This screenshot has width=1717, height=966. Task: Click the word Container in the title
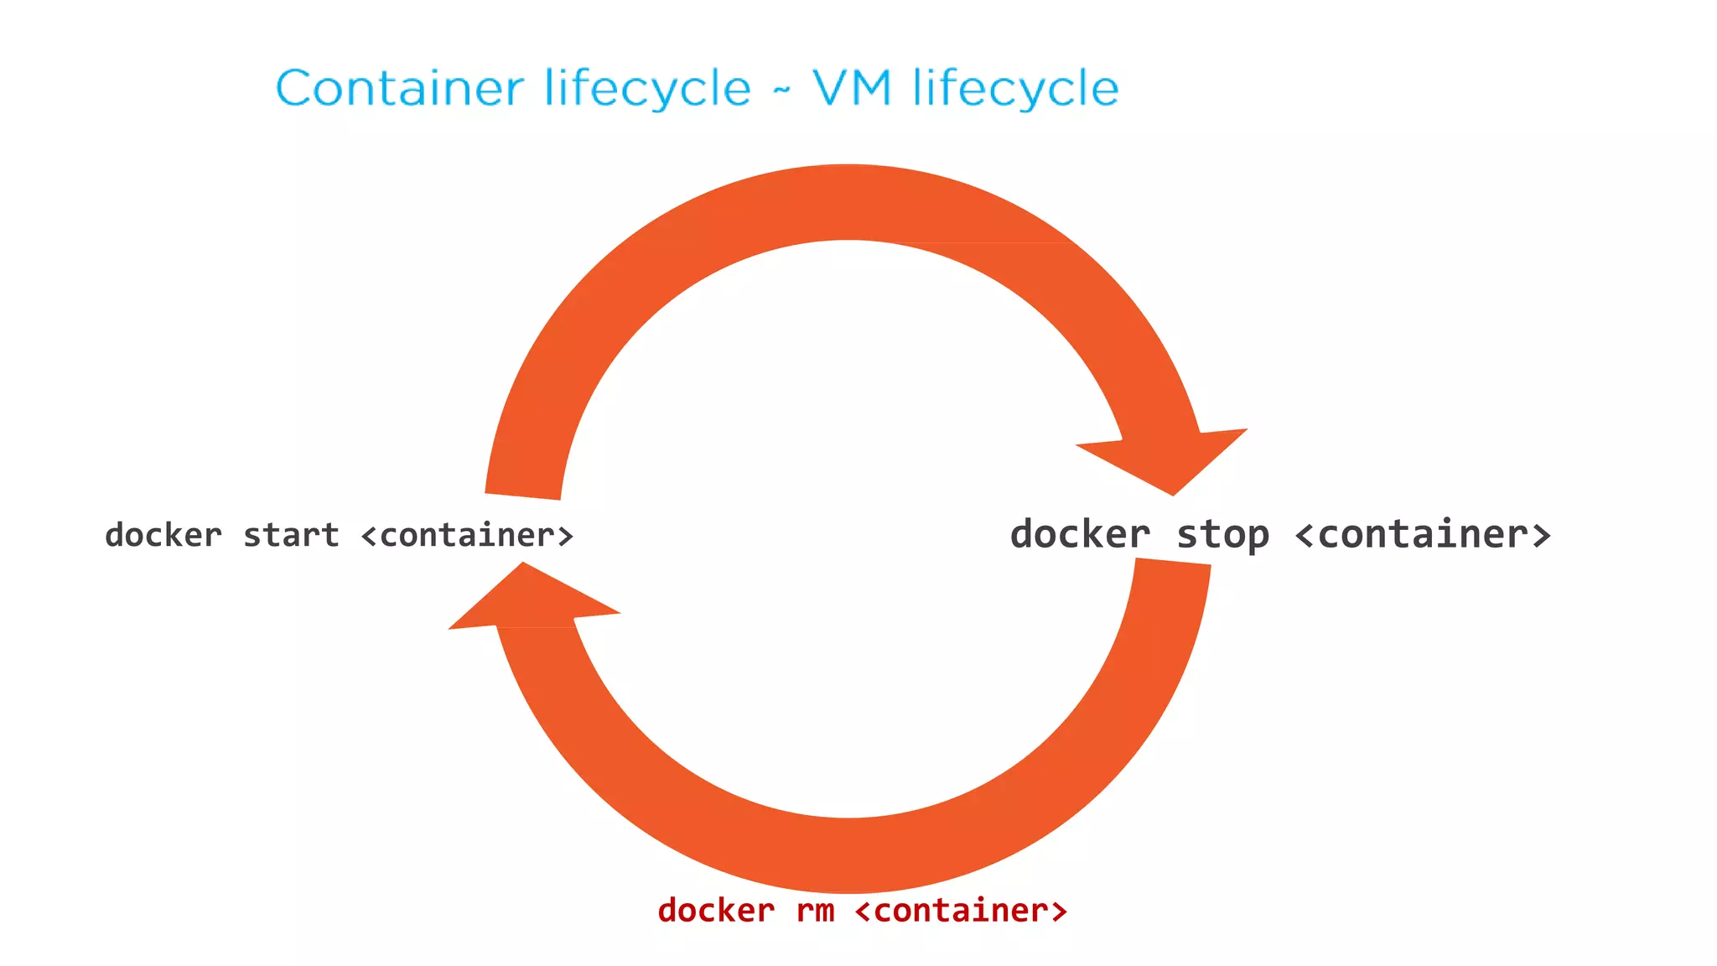pyautogui.click(x=400, y=88)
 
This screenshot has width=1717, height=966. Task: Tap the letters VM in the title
pyautogui.click(x=852, y=88)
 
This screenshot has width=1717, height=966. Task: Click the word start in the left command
pyautogui.click(x=291, y=535)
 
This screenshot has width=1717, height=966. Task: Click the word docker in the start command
pyautogui.click(x=163, y=535)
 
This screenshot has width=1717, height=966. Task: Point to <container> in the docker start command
pyautogui.click(x=467, y=535)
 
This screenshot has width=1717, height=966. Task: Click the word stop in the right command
pyautogui.click(x=1222, y=535)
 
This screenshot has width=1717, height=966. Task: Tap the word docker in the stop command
pyautogui.click(x=1080, y=535)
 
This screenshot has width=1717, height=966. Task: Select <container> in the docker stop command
pyautogui.click(x=1423, y=535)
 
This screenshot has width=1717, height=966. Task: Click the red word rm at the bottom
pyautogui.click(x=815, y=911)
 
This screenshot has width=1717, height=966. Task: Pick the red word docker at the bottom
pyautogui.click(x=716, y=911)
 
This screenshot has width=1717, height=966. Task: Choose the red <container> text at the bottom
pyautogui.click(x=961, y=911)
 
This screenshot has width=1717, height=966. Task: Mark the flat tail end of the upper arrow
pyautogui.click(x=523, y=496)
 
